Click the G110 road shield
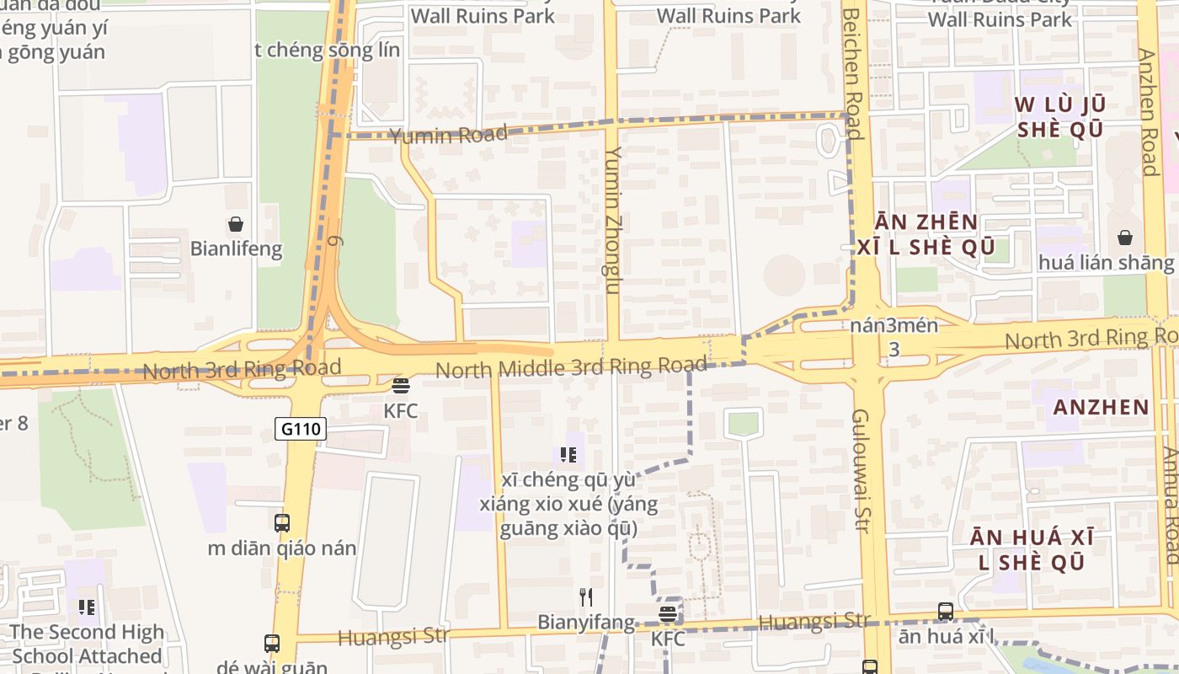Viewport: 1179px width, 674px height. pos(300,430)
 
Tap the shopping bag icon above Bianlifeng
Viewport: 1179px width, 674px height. pos(236,224)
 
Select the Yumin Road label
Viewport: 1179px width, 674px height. pos(449,134)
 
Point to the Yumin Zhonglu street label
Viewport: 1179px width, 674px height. pos(613,220)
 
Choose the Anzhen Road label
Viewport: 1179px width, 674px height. pos(1148,112)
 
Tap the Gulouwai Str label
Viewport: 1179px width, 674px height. pos(861,470)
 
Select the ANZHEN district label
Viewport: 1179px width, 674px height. pos(1102,408)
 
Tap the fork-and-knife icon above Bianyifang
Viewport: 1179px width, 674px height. pos(586,597)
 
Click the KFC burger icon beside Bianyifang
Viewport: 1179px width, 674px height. pos(668,614)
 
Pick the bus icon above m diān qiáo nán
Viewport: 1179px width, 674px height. pos(282,522)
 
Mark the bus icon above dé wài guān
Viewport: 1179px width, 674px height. pos(271,644)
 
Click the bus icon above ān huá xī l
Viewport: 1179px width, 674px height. pos(946,612)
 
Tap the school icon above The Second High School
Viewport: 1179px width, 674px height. pos(86,607)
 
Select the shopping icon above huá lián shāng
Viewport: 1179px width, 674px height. pos(1125,238)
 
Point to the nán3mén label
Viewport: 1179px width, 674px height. pos(894,326)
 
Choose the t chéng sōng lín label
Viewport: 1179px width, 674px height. pos(327,50)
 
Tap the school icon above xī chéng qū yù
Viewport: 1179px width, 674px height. pos(568,456)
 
